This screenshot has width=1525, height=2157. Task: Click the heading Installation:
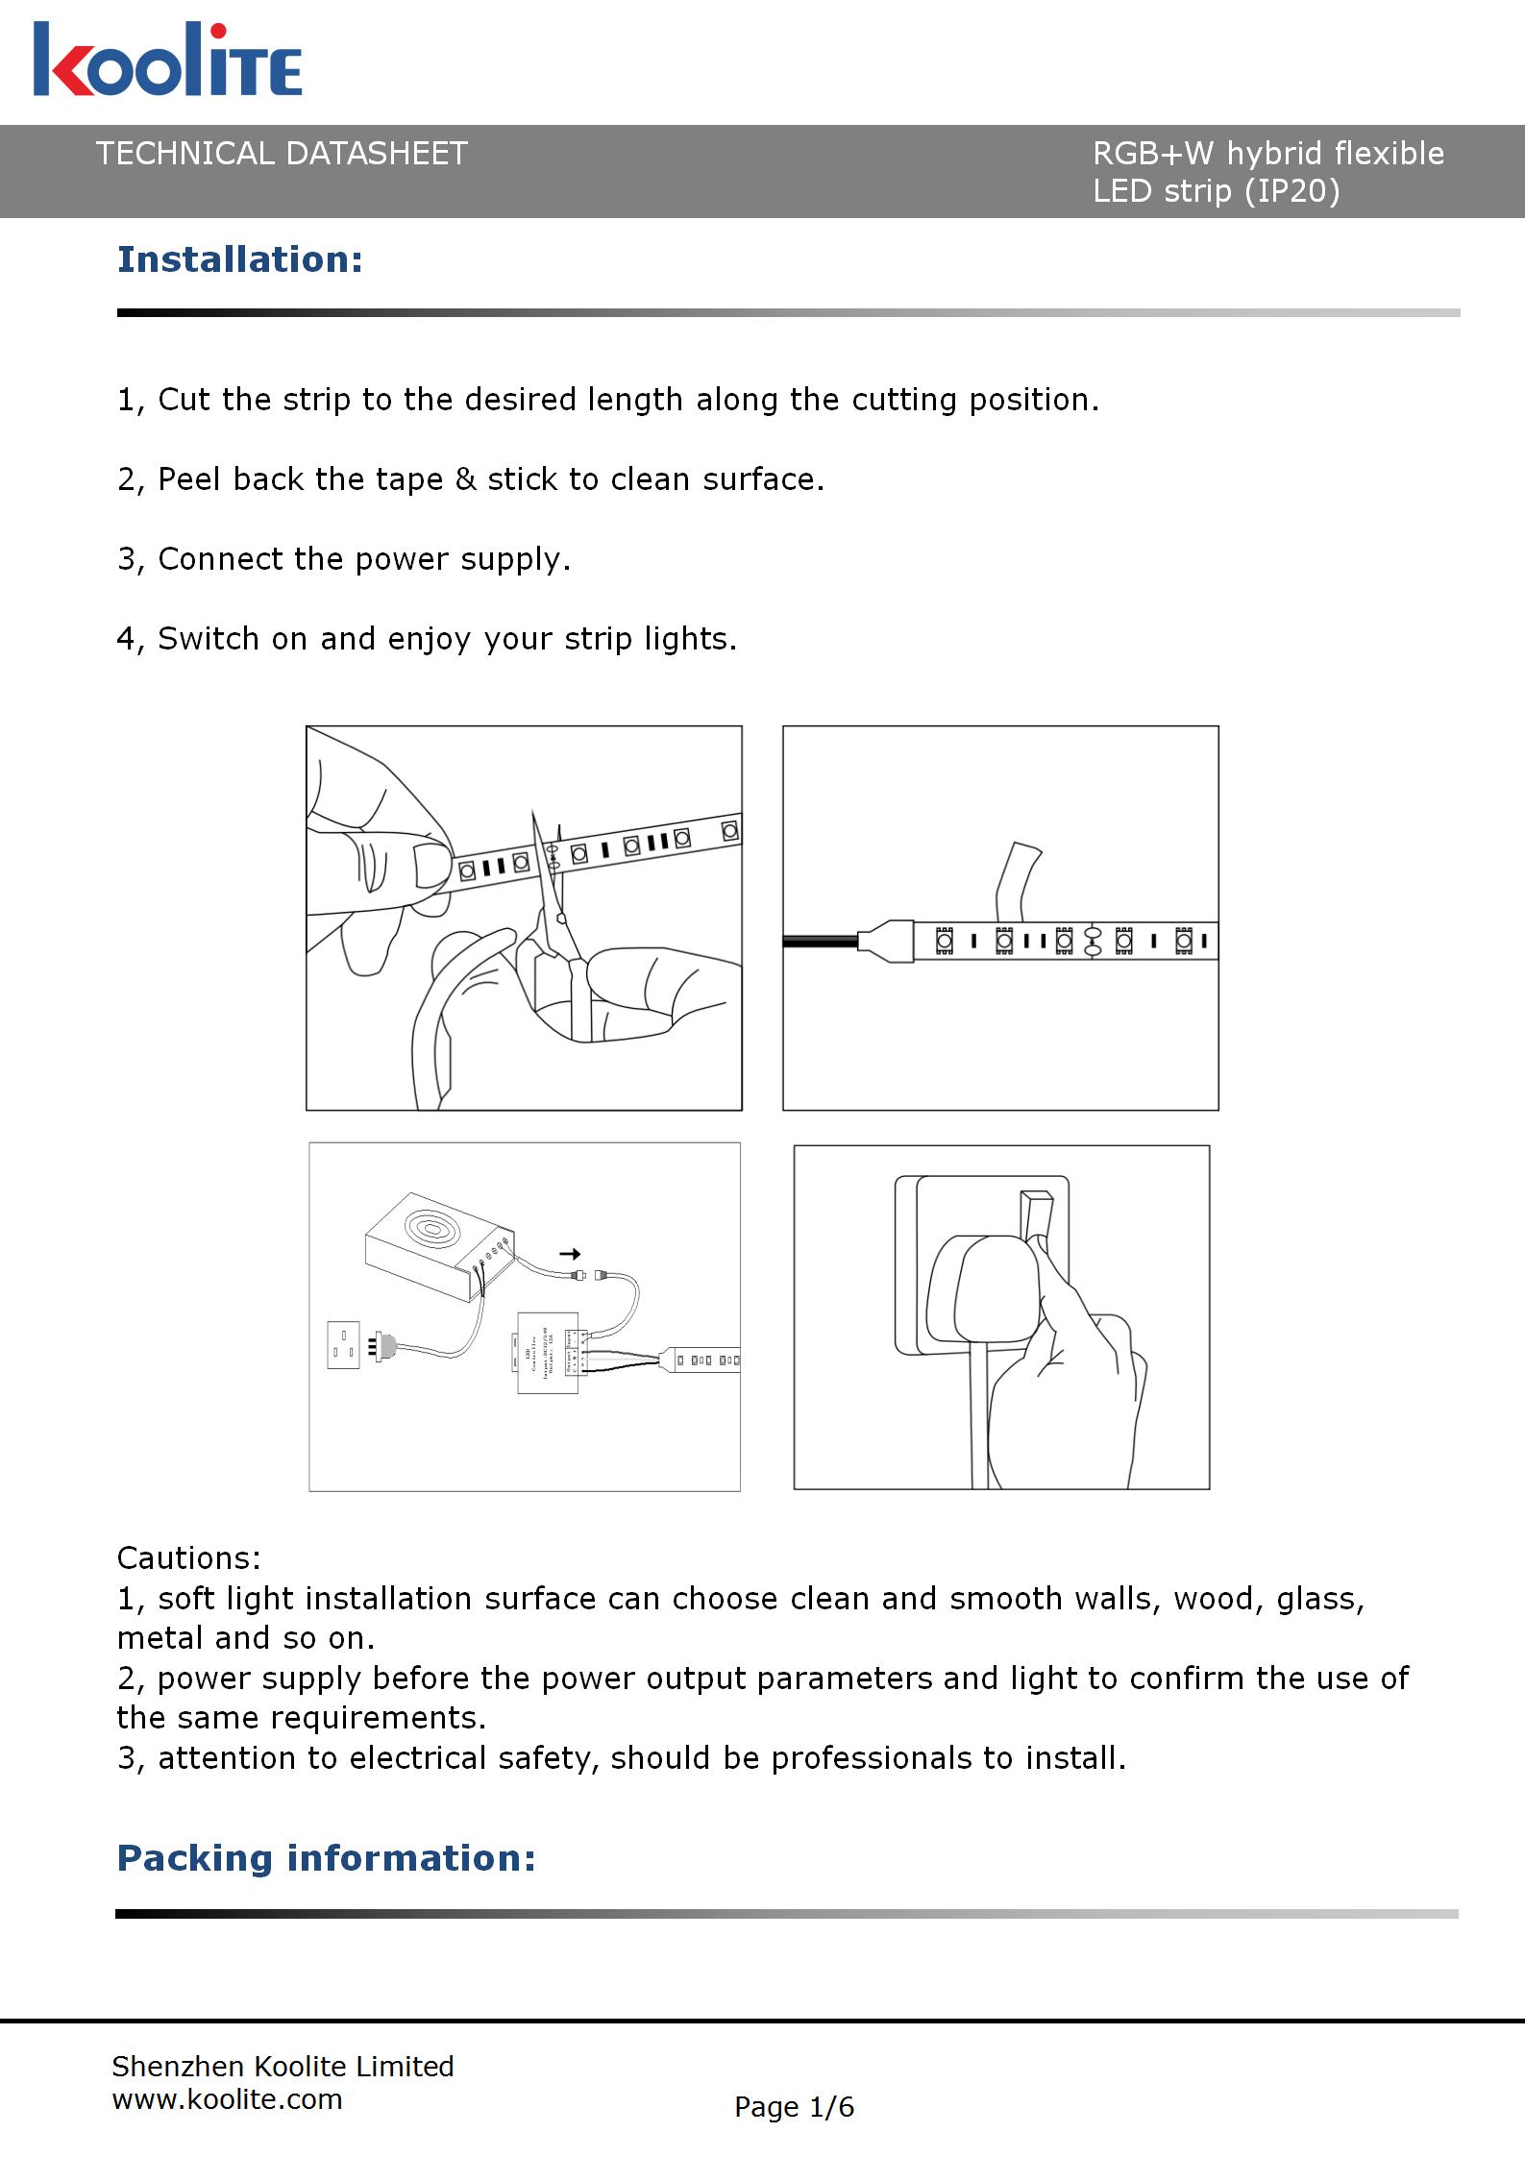click(239, 259)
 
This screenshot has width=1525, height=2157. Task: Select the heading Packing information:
click(326, 1857)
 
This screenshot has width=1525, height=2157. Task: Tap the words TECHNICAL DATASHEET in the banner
click(282, 154)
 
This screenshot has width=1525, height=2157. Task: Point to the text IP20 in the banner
click(1292, 191)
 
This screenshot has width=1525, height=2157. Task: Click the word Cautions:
click(188, 1557)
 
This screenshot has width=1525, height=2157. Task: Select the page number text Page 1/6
click(794, 2107)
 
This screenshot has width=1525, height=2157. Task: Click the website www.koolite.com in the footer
click(227, 2099)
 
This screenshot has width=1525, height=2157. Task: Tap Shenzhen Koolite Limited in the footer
click(283, 2067)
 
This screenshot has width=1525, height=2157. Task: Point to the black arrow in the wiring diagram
click(570, 1254)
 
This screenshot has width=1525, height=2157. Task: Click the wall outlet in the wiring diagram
click(343, 1345)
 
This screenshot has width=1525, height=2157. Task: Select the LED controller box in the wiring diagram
click(548, 1352)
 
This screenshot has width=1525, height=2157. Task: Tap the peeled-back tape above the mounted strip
click(1017, 879)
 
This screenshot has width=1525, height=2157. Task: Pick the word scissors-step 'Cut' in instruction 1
click(184, 400)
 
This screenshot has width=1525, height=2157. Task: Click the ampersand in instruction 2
click(465, 479)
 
